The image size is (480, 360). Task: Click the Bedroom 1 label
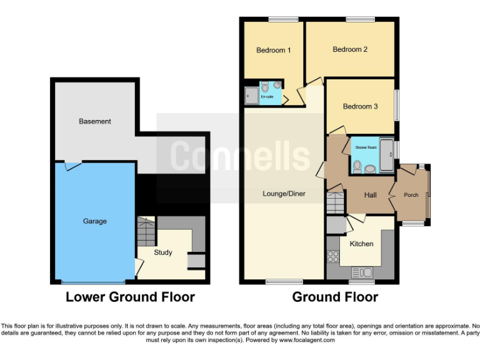pos(273,50)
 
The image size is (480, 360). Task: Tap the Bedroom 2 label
pos(349,49)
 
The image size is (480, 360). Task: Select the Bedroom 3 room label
pos(360,106)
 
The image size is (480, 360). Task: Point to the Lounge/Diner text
pos(284,194)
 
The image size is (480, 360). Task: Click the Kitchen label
pos(361,243)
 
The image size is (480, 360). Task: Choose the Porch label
pos(411,195)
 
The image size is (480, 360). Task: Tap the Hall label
pos(371,195)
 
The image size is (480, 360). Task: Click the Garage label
pos(95,221)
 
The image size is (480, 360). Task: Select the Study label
pos(163,252)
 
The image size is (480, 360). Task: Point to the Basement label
pos(95,121)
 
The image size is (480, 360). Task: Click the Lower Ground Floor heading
pos(130,297)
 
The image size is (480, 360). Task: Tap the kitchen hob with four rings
pos(332,256)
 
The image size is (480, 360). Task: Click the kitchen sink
pos(362,272)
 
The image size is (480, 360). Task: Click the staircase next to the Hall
pos(336,202)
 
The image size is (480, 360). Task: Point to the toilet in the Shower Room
pos(357,166)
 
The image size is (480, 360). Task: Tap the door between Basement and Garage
pos(73,165)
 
